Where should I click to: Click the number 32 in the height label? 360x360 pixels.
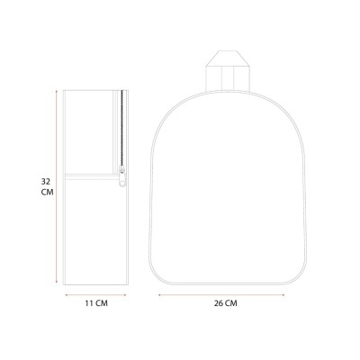(x=45, y=180)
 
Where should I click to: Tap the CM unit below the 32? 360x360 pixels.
(x=45, y=193)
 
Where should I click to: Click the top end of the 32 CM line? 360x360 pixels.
(x=57, y=91)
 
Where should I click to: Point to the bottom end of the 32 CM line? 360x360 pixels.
(x=57, y=282)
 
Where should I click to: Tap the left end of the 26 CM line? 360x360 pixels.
(x=159, y=292)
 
